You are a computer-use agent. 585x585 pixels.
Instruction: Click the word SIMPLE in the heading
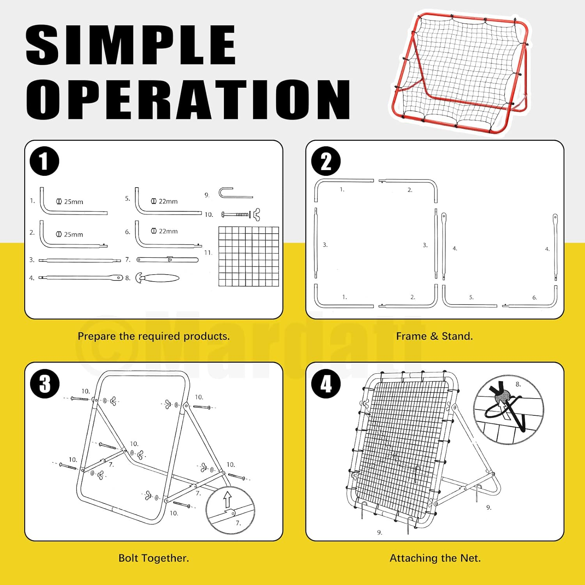131,45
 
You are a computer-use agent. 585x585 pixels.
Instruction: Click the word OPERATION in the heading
188,99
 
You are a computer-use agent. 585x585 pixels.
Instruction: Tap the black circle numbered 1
44,161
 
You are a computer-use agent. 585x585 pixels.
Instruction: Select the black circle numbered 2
326,161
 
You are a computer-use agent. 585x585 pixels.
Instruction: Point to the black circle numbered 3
45,383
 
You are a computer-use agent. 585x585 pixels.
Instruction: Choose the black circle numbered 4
326,383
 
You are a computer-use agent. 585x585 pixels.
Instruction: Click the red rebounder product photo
461,74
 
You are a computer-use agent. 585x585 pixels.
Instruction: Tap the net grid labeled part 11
249,256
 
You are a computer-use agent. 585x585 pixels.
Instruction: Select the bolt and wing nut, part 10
241,214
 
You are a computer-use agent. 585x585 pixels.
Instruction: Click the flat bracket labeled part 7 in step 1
168,259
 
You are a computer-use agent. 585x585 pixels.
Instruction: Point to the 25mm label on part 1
70,202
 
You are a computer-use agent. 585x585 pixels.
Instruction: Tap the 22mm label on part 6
164,231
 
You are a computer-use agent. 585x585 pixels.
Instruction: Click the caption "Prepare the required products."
154,336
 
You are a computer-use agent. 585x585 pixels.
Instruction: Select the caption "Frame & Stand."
434,336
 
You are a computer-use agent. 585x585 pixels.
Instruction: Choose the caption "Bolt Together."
154,558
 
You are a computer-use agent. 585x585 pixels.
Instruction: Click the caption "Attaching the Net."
435,558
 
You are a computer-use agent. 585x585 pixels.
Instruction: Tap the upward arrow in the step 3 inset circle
228,499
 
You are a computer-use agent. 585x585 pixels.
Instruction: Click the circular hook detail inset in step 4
509,410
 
